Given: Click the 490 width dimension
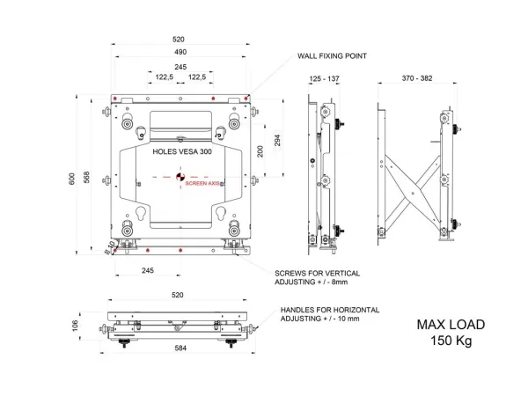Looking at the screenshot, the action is point(180,52).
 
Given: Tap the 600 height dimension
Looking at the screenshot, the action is point(72,179).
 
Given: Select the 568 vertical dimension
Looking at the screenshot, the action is point(86,177).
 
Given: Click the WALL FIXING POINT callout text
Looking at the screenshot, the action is point(332,56).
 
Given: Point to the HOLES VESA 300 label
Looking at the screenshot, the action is point(182,151).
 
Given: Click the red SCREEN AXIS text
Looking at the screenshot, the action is point(202,184).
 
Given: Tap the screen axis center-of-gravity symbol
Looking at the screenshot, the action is point(180,177).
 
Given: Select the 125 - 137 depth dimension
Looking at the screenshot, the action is point(324,78).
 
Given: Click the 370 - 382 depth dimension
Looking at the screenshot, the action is point(417,78).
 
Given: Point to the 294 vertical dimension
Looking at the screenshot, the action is point(277,140).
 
